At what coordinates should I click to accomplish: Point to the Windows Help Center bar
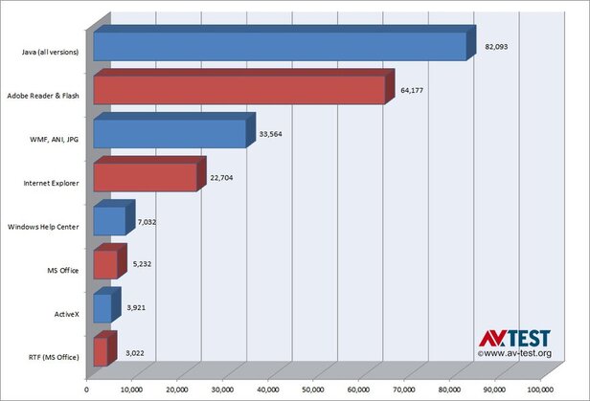click(109, 221)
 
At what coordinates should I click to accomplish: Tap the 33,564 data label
click(272, 135)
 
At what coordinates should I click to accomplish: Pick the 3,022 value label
click(135, 352)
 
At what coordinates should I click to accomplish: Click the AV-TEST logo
click(515, 338)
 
